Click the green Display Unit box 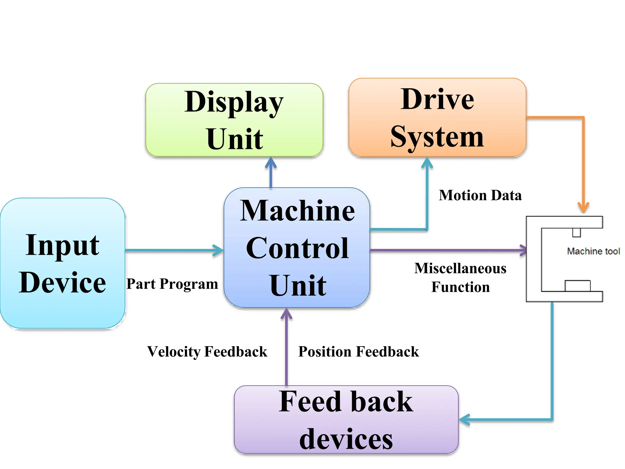[234, 120]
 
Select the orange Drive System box [437, 118]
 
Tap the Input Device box [63, 263]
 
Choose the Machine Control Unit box [297, 248]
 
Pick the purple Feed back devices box [346, 420]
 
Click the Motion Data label [480, 195]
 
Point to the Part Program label [172, 284]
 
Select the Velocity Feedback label [207, 351]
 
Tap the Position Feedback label [358, 351]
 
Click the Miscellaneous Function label [460, 278]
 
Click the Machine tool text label [593, 251]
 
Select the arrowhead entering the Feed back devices [464, 420]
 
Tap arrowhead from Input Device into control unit [219, 250]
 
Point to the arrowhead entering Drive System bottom [427, 162]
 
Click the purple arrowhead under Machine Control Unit [286, 313]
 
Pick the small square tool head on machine [576, 232]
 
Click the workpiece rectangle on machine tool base [577, 286]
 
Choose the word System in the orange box [437, 136]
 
